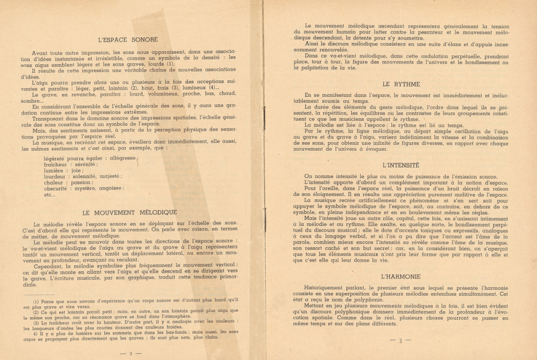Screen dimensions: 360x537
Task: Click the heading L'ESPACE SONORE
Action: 128,39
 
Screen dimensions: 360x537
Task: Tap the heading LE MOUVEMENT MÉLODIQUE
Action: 129,212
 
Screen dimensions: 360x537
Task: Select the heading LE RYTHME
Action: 401,84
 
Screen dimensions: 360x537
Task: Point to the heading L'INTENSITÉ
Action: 401,165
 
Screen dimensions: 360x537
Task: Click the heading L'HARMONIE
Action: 401,277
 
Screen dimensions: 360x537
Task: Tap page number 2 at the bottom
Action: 129,354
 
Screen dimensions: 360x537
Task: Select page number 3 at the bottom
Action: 400,340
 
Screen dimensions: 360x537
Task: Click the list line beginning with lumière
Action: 60,171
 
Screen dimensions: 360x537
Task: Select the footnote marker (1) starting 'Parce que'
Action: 36,301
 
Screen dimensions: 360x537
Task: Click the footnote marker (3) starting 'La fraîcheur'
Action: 36,322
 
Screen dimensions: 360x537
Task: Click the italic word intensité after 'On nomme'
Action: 349,177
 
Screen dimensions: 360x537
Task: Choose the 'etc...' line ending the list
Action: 49,194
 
